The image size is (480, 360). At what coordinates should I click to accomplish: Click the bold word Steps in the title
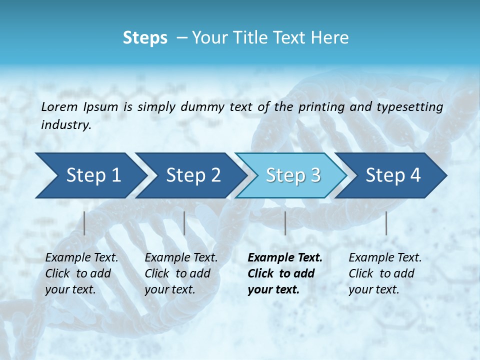point(145,38)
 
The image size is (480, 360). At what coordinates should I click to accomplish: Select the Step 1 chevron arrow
point(90,175)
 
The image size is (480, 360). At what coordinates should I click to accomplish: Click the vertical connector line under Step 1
point(84,223)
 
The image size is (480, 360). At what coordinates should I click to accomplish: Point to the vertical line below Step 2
point(184,223)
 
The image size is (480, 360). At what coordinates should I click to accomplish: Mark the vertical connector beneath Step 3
point(285,223)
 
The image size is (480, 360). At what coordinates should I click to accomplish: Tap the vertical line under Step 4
point(386,223)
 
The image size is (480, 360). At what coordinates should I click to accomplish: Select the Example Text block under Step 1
point(81,273)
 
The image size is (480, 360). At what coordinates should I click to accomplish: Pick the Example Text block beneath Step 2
point(181,273)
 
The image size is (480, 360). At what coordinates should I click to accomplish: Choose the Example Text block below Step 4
point(385,273)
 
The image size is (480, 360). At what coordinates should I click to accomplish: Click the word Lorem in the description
point(59,106)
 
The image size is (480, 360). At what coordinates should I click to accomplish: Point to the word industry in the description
point(66,125)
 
